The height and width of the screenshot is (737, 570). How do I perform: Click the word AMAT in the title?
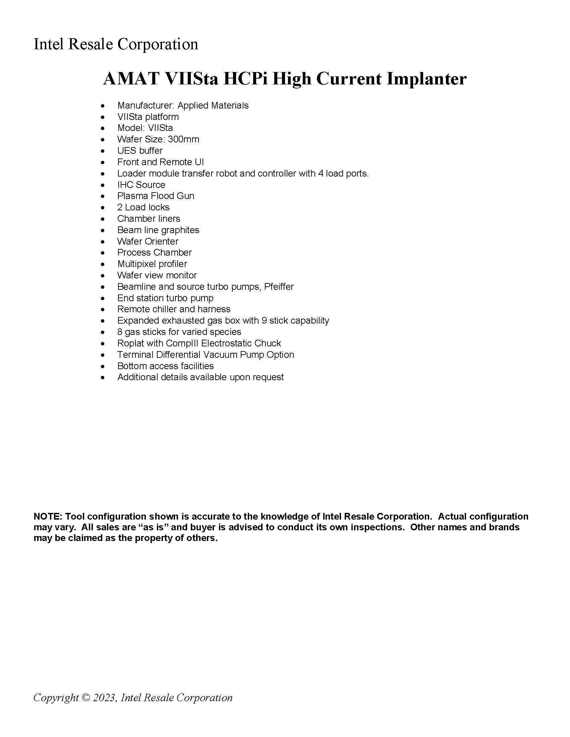coord(131,79)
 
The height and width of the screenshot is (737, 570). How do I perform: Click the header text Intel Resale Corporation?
coord(116,44)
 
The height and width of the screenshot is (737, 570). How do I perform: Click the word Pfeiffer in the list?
coord(279,286)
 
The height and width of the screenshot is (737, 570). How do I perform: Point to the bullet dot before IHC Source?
coord(103,185)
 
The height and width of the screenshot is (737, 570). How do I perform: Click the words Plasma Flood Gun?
coord(156,196)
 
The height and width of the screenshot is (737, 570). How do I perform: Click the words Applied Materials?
coord(213,106)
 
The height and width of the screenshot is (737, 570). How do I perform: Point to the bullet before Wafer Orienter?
coord(103,242)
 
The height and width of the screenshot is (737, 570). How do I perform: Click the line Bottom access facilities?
coord(165,366)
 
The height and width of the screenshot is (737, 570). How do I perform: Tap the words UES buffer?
coord(140,151)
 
